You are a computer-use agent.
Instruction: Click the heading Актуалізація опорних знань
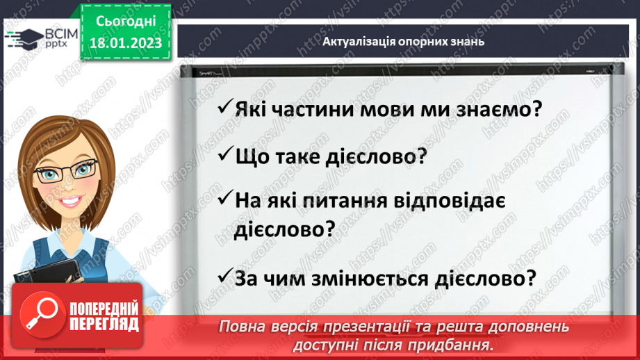click(403, 41)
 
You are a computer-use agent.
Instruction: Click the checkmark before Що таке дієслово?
click(224, 155)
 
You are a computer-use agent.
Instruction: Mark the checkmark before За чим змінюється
click(224, 277)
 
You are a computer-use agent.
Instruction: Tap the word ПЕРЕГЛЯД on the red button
click(104, 324)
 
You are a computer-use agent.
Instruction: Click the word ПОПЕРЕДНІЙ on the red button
click(104, 308)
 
